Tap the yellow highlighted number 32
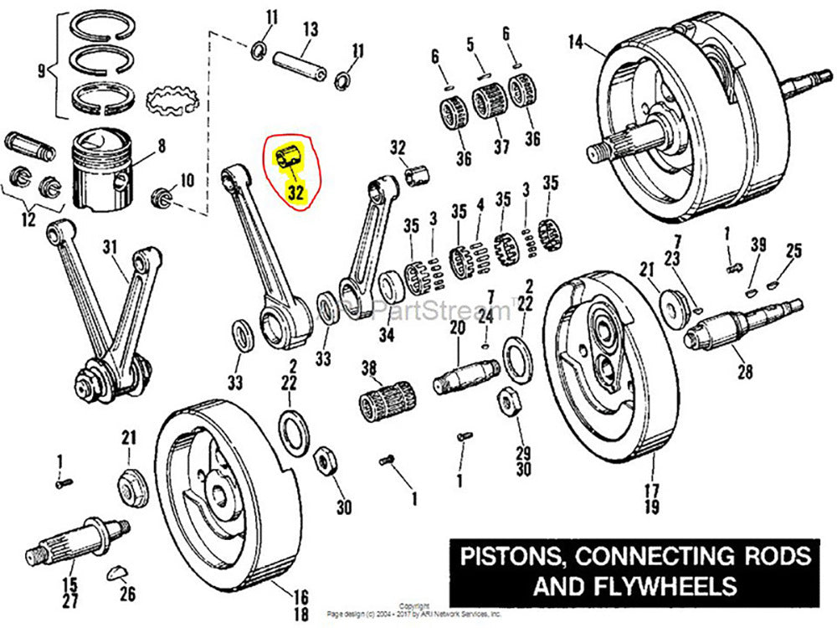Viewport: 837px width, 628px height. pos(295,193)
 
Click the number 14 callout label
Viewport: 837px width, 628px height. pos(575,42)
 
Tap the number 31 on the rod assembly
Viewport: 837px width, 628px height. pos(110,246)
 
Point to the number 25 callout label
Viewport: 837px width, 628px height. pos(793,250)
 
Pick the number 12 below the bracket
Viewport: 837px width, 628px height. pos(29,220)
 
